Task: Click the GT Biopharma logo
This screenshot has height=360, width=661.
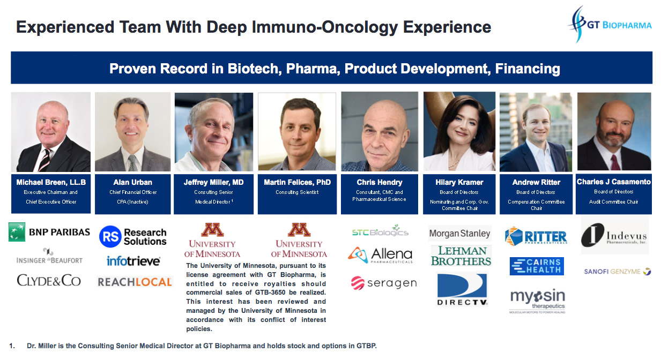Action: pos(610,24)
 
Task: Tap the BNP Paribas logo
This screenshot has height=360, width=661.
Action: pos(49,232)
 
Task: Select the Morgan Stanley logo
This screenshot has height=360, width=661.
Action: pos(459,234)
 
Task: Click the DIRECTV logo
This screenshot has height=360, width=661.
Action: pos(462,289)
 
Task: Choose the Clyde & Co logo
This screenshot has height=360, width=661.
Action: pos(49,280)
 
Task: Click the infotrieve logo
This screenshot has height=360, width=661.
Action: pos(133,261)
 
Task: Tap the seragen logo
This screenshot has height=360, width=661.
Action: pos(384,283)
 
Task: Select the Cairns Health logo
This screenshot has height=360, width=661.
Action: pos(537,266)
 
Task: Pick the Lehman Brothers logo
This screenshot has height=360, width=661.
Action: pos(461,256)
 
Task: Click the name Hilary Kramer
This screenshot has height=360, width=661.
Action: pos(459,183)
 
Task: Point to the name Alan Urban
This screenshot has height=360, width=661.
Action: pos(133,183)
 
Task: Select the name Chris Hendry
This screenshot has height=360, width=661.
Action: pos(380,183)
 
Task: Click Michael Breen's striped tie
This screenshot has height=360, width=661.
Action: pos(44,160)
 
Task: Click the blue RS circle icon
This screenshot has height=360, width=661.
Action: pos(110,236)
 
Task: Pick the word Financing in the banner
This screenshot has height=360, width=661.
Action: pos(528,69)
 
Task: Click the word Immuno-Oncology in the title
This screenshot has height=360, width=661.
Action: pos(325,27)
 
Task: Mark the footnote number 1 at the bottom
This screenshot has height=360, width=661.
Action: pos(12,346)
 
